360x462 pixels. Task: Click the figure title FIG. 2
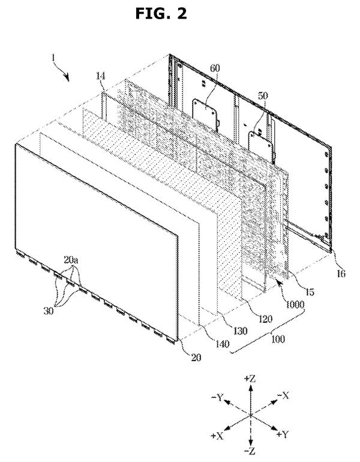[161, 14]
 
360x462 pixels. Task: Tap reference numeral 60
[215, 68]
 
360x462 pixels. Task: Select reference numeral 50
[263, 96]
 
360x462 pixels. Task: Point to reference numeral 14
[100, 76]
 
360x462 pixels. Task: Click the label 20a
[71, 260]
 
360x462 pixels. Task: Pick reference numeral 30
[49, 311]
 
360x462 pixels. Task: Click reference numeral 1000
[295, 304]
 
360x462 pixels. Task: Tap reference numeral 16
[341, 274]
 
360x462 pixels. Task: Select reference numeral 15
[310, 292]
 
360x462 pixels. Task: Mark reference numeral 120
[265, 319]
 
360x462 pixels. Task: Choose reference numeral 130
[240, 331]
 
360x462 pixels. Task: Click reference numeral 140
[222, 344]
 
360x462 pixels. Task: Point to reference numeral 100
[278, 339]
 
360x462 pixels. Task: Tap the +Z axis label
[250, 379]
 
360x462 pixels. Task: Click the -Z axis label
[250, 451]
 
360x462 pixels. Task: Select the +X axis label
[217, 436]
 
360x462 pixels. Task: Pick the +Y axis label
[282, 434]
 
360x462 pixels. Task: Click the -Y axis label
[217, 397]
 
